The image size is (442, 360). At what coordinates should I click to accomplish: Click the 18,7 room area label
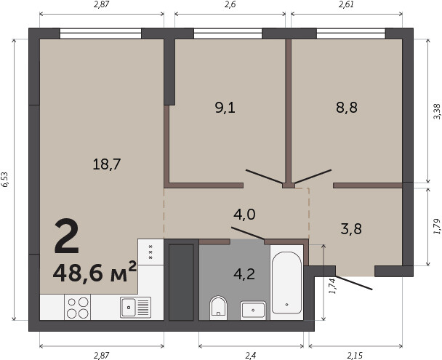click(107, 164)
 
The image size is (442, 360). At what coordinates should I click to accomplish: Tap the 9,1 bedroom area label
click(225, 108)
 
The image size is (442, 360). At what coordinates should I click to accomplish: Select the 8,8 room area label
click(347, 107)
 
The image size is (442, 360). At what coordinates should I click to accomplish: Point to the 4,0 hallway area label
click(244, 215)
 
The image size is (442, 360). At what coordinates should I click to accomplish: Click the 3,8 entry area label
click(351, 228)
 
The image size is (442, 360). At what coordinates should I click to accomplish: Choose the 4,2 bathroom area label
click(244, 273)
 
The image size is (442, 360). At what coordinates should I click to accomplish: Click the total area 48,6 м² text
click(95, 272)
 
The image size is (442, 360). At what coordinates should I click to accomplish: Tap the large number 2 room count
click(67, 236)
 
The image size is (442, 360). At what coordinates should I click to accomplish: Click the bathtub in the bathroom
click(286, 282)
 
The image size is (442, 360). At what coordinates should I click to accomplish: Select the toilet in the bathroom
click(219, 308)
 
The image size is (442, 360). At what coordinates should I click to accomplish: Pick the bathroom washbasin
click(253, 311)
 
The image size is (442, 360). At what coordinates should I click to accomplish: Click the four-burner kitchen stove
click(78, 307)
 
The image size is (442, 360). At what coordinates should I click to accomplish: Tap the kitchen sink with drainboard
click(136, 307)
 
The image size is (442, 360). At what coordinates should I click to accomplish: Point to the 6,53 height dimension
click(5, 180)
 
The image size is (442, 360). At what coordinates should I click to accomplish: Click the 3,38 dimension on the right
click(437, 111)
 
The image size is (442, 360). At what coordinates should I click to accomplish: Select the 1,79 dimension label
click(437, 226)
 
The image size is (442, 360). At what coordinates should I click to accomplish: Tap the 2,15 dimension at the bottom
click(355, 355)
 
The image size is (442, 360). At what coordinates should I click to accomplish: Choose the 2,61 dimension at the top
click(346, 4)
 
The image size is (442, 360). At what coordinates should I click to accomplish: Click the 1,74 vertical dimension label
click(333, 286)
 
